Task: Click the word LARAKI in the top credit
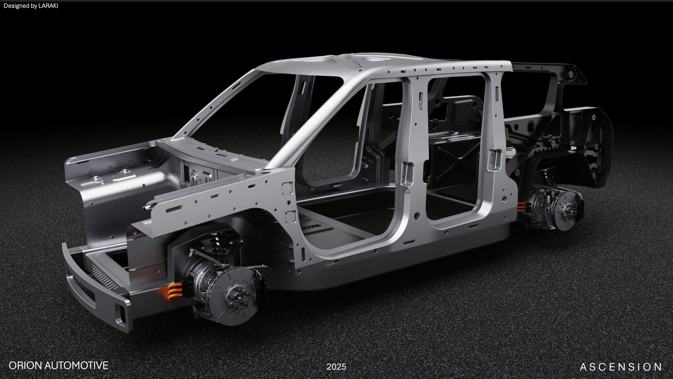pyautogui.click(x=48, y=6)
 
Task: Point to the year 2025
pyautogui.click(x=336, y=367)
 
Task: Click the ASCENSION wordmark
pyautogui.click(x=621, y=367)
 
